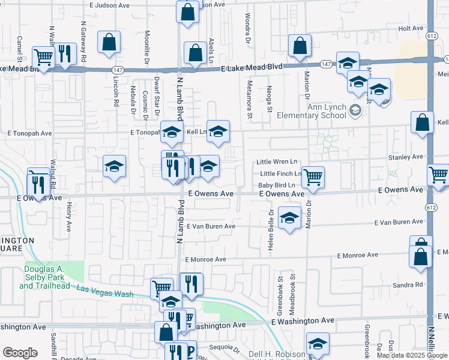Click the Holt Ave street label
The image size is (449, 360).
[x=411, y=28]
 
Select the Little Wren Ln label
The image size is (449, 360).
[x=277, y=162]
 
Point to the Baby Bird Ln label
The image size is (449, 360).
[x=276, y=185]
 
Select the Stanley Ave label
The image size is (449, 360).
[x=406, y=157]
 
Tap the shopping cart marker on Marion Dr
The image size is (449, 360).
[x=313, y=176]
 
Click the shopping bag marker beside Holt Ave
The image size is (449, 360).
[x=300, y=45]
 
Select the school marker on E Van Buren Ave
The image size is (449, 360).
[x=289, y=219]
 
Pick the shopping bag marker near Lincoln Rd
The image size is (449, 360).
[x=109, y=42]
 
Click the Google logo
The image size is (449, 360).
[x=20, y=353]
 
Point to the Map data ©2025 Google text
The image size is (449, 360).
[x=411, y=355]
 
